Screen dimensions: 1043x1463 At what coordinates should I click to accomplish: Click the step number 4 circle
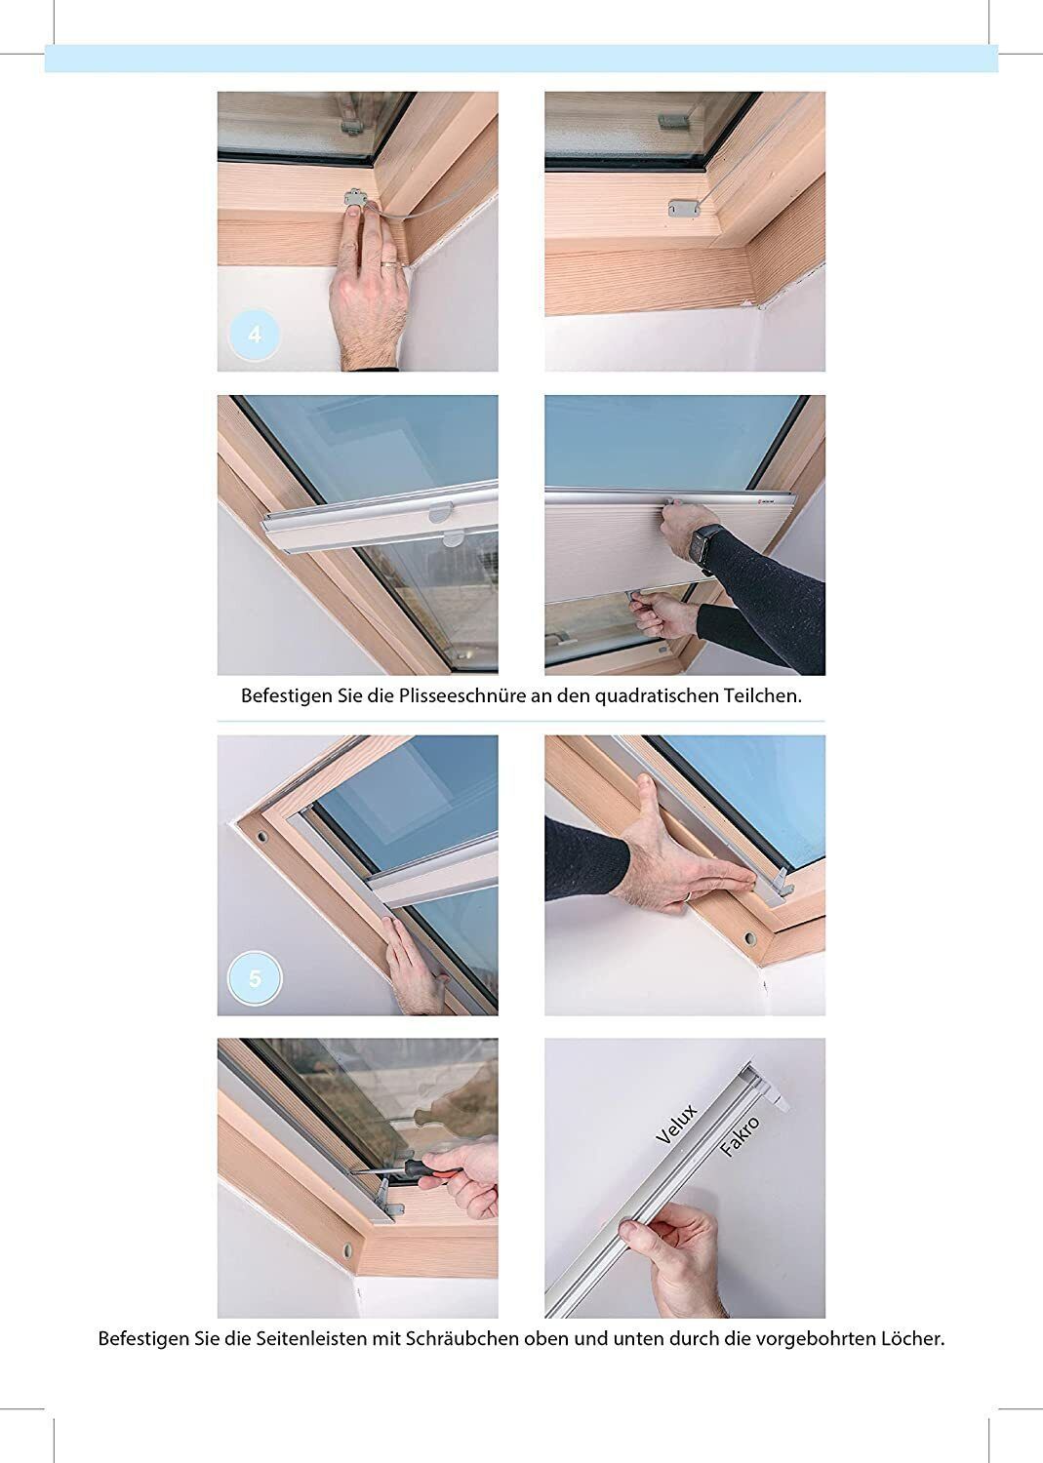click(x=255, y=336)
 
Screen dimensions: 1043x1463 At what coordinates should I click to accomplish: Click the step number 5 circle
click(x=255, y=978)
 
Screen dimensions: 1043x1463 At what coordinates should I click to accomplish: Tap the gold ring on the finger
click(x=388, y=263)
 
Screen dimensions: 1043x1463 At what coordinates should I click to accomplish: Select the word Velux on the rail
click(x=676, y=1125)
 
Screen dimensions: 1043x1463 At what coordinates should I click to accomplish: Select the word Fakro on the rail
click(x=741, y=1137)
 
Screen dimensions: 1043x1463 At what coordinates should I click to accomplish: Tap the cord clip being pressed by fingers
click(x=354, y=197)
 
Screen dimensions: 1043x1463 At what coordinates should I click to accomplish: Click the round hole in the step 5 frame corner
click(x=262, y=836)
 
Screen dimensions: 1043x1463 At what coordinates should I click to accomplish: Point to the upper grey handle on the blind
click(x=441, y=512)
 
